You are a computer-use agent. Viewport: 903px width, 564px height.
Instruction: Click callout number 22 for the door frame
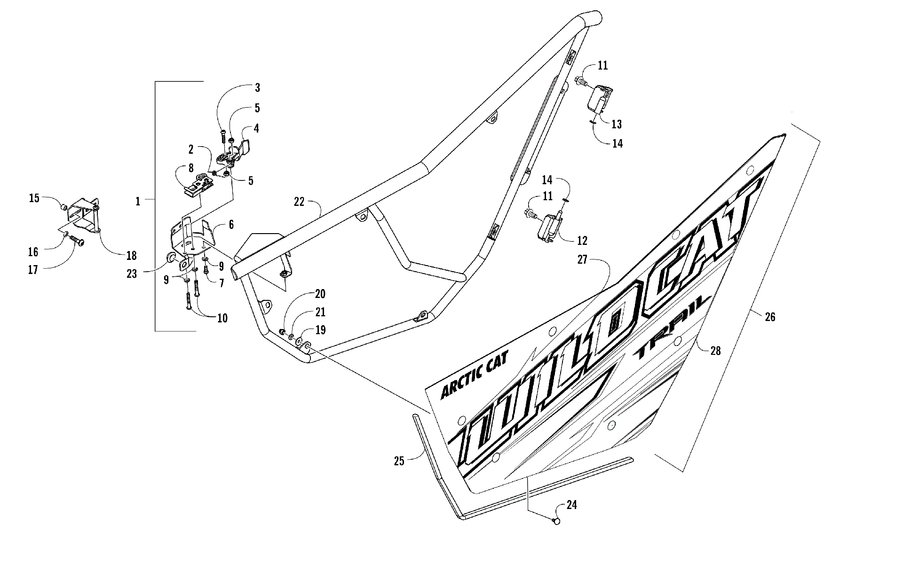(299, 202)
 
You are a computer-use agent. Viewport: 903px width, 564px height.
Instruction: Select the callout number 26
(770, 317)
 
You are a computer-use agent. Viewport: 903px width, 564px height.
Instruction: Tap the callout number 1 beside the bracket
(138, 201)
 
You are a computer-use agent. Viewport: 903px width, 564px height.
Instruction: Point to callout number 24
(571, 505)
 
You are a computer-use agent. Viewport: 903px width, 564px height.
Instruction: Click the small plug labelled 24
(557, 521)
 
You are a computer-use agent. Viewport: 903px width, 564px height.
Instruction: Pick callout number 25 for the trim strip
(399, 461)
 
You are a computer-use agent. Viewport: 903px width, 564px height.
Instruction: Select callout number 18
(131, 255)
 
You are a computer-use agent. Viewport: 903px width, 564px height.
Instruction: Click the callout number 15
(34, 198)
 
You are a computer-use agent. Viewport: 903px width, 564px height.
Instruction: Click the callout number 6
(231, 225)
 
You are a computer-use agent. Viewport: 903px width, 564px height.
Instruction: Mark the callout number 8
(190, 168)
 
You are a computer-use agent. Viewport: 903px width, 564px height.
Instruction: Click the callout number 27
(583, 259)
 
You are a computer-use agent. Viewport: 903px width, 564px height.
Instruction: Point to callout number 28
(715, 350)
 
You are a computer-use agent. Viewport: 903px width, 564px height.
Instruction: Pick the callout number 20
(320, 294)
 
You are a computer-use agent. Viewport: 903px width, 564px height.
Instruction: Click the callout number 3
(257, 87)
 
